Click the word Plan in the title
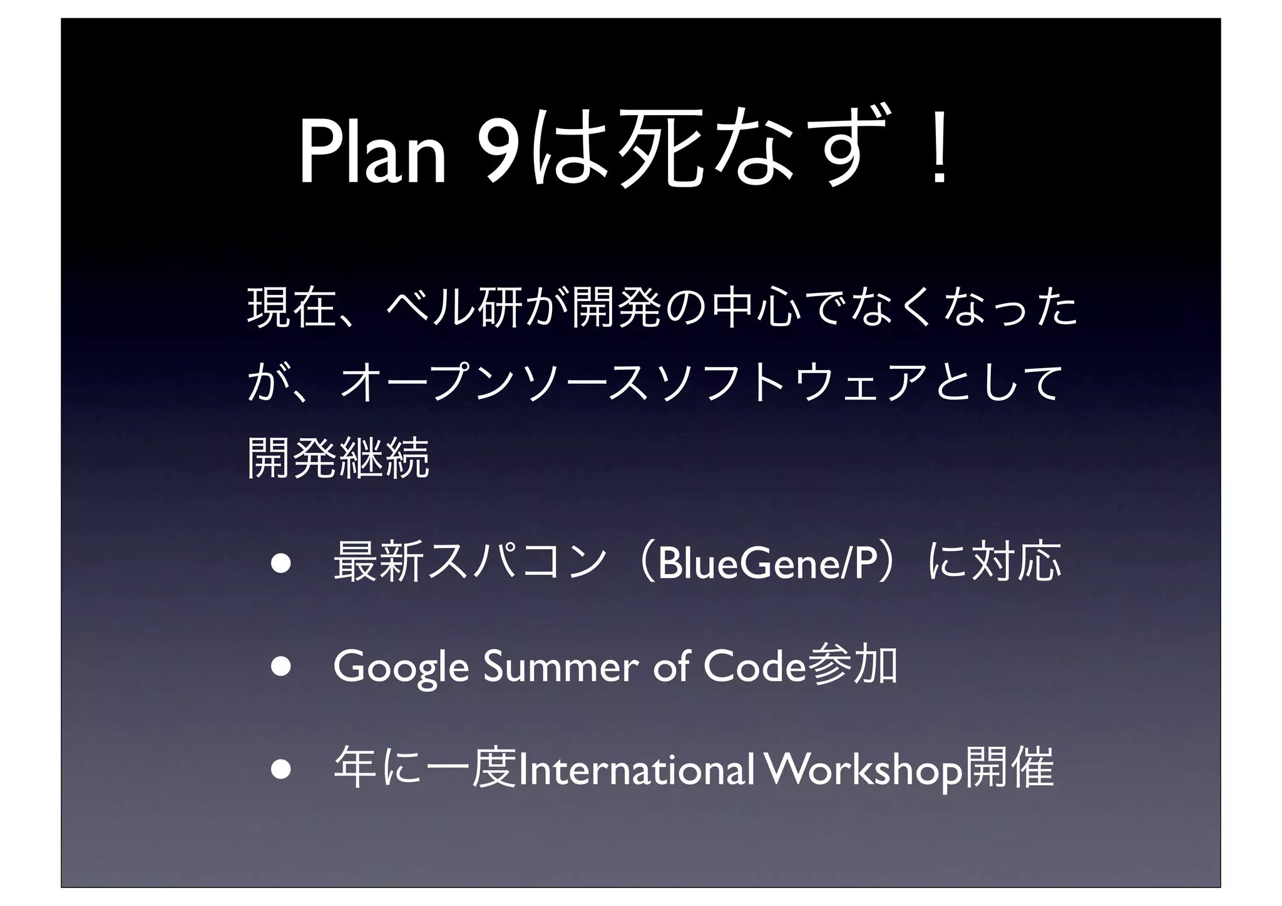(x=372, y=153)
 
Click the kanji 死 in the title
(x=660, y=150)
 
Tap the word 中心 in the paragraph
(x=751, y=307)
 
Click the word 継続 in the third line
(x=384, y=458)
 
